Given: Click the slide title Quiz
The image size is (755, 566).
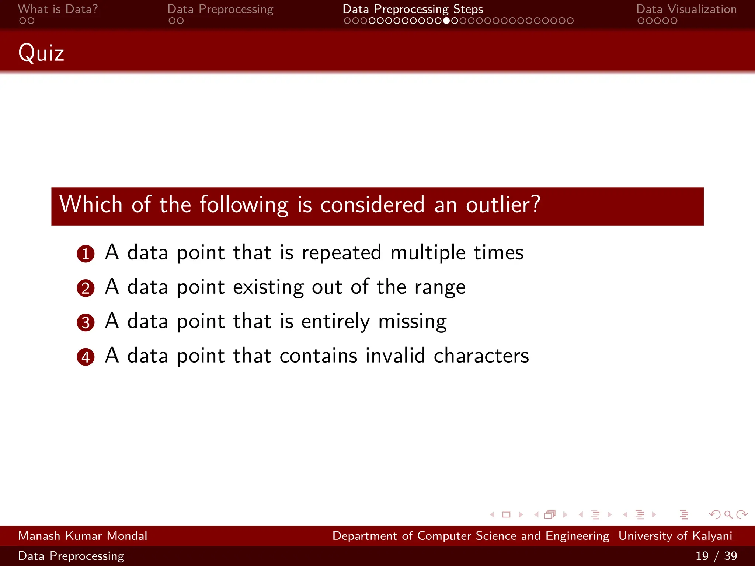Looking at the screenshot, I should tap(41, 53).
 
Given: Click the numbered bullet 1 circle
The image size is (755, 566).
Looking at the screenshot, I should tap(86, 254).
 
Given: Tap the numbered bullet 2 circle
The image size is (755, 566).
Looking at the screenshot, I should tap(86, 288).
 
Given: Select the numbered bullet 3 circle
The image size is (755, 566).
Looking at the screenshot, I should tap(86, 322).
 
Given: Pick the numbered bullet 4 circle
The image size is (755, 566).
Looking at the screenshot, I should tap(86, 357).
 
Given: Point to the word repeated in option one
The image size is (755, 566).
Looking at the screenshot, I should tap(341, 253).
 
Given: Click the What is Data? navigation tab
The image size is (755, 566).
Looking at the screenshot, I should tap(58, 9).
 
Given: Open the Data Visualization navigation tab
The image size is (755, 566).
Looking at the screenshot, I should tap(686, 9).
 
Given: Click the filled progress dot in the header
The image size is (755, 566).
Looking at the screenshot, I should tap(446, 21).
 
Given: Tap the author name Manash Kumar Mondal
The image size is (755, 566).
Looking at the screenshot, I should tap(83, 536).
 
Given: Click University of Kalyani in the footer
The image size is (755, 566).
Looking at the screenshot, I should tap(675, 536).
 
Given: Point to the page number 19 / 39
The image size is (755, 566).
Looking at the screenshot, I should tap(716, 556).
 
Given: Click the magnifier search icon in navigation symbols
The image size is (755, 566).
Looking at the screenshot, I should tap(728, 514).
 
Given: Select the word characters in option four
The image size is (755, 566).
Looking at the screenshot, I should tap(481, 356).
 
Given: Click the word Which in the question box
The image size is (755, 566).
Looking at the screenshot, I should tap(91, 205).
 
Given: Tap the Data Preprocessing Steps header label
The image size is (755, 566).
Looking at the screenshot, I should tap(413, 9).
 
